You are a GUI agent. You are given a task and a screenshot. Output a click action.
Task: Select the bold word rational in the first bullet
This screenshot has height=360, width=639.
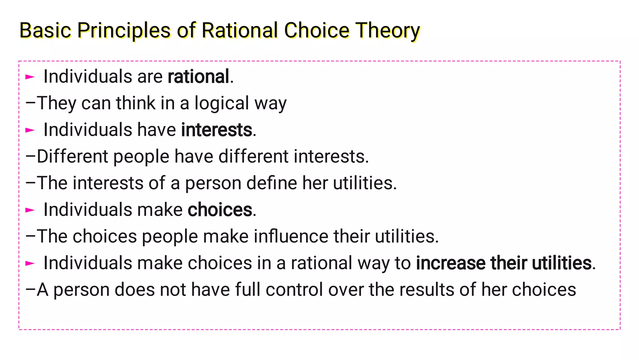(x=198, y=76)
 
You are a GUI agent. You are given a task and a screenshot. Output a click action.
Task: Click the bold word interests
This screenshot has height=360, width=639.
(x=217, y=130)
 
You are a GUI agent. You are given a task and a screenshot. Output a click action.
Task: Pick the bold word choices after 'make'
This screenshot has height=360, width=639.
(x=220, y=210)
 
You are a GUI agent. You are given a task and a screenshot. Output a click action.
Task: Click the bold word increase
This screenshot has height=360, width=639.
(x=451, y=263)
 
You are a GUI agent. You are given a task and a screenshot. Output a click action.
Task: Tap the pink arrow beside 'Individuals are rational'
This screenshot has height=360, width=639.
(x=30, y=76)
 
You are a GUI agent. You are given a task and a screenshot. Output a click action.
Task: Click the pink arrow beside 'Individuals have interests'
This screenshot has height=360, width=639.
(x=30, y=130)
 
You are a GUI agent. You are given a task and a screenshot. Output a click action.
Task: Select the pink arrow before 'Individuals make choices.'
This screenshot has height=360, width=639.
(x=30, y=210)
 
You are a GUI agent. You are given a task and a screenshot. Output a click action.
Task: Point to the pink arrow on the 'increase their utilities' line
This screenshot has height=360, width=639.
(x=30, y=263)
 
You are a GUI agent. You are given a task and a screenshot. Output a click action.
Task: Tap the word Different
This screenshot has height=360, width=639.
(x=72, y=156)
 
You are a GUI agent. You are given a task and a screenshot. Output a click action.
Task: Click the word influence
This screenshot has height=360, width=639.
(x=291, y=236)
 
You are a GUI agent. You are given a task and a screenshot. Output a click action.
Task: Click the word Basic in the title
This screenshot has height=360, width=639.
(x=45, y=31)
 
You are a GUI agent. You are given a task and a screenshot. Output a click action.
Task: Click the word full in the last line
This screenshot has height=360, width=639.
(x=247, y=289)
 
